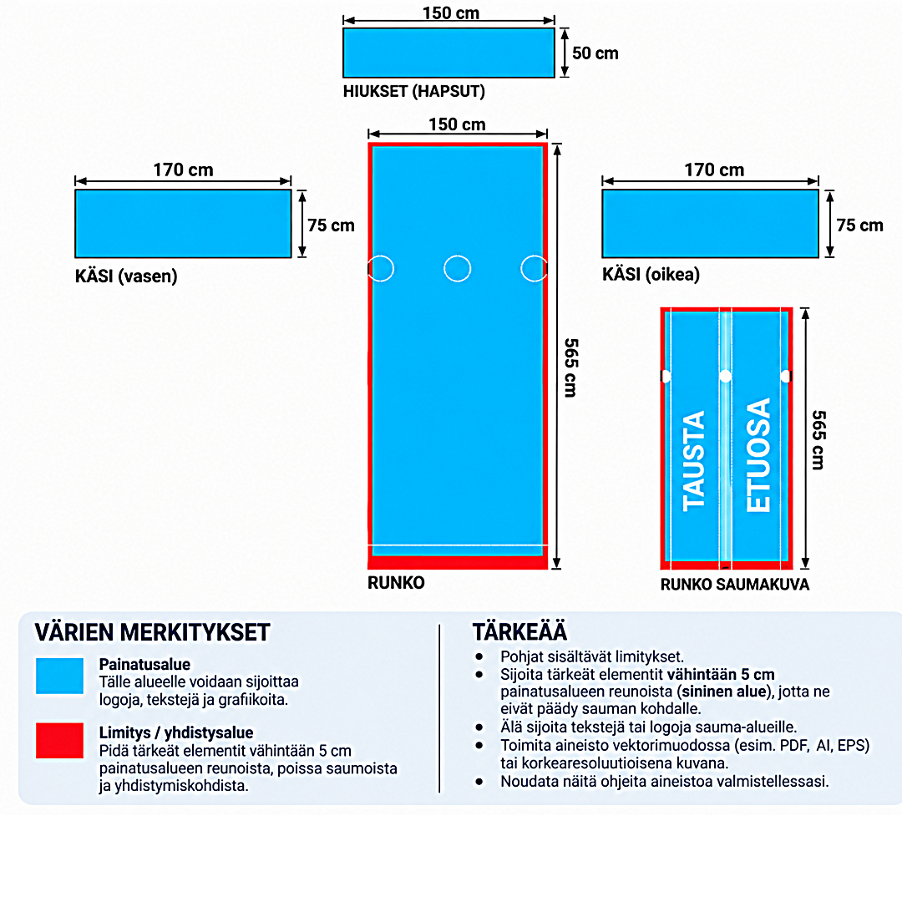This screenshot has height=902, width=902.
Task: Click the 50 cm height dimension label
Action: click(595, 53)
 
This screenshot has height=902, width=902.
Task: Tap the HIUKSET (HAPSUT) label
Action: click(413, 92)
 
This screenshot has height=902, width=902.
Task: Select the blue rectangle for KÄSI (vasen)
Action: click(183, 224)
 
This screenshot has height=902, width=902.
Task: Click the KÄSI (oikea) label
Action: click(651, 275)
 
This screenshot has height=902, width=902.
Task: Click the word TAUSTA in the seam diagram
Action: click(693, 461)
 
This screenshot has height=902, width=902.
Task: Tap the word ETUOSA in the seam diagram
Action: click(758, 454)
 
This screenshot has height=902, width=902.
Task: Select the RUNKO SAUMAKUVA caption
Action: click(735, 585)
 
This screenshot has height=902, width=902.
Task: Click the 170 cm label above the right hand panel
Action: click(714, 170)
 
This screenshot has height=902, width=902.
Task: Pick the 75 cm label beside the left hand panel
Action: click(331, 225)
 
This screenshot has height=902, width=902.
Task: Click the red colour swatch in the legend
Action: click(59, 740)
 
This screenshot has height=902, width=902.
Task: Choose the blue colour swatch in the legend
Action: click(59, 676)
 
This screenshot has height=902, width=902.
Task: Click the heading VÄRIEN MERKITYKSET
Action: click(153, 632)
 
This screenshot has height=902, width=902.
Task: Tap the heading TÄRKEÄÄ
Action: click(519, 631)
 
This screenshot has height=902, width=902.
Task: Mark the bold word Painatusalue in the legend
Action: click(144, 665)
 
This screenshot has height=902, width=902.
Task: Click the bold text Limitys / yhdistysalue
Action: click(176, 733)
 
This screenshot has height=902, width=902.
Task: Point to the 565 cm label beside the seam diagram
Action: click(818, 440)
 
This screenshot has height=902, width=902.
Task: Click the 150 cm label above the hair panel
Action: click(450, 13)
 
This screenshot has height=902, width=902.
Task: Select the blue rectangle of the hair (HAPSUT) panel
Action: click(448, 53)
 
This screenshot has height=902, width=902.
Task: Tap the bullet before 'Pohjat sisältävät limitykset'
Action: click(479, 656)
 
